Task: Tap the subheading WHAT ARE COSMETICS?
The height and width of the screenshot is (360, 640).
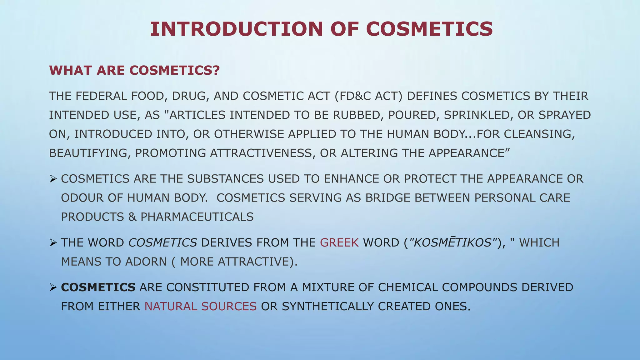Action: (x=134, y=70)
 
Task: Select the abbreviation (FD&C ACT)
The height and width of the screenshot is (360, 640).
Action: (x=368, y=96)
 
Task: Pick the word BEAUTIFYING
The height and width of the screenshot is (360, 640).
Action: (x=89, y=153)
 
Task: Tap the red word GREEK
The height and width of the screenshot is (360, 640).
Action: (x=339, y=242)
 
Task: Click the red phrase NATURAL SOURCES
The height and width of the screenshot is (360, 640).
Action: (x=200, y=307)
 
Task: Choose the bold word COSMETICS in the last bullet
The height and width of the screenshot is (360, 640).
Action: (x=98, y=287)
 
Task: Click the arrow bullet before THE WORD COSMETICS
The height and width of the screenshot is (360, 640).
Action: (x=53, y=242)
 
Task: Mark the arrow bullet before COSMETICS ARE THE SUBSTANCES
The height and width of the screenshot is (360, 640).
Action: (x=53, y=179)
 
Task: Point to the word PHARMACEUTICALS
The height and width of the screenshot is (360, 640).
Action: (x=197, y=217)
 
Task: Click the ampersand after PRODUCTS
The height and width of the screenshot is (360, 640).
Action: (x=132, y=217)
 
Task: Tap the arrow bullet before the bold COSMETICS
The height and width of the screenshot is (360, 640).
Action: (x=53, y=287)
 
